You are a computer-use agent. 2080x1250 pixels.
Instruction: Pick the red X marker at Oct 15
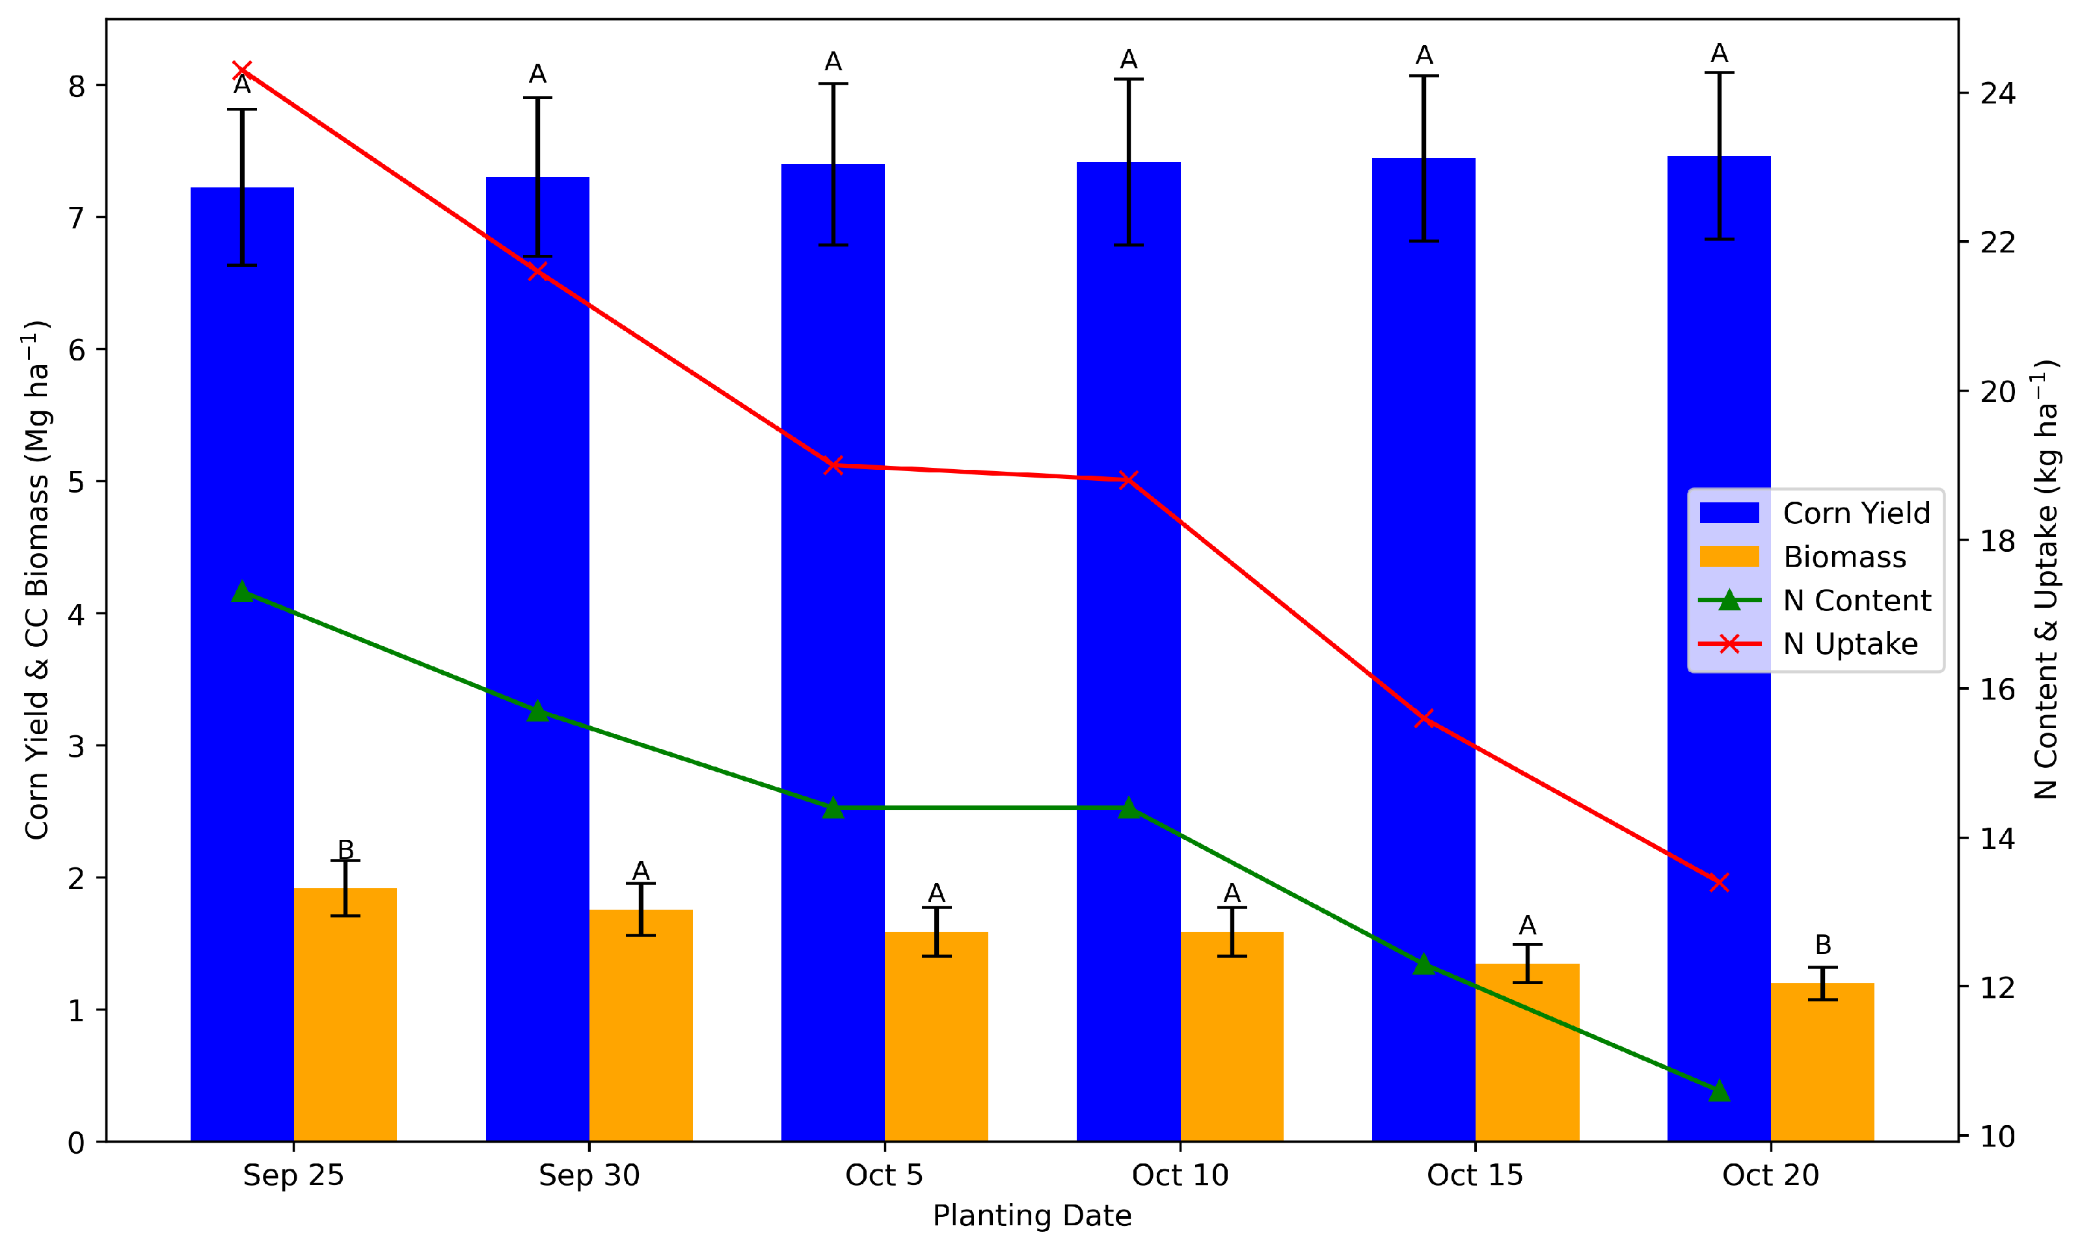click(1424, 718)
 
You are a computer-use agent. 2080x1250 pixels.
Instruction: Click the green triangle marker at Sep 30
click(537, 712)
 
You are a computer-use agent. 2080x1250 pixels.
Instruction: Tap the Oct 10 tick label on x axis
click(1180, 1175)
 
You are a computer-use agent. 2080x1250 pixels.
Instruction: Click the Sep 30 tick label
click(589, 1175)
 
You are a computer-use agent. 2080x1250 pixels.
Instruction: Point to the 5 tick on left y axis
click(77, 482)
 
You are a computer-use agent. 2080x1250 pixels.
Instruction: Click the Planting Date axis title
click(1032, 1216)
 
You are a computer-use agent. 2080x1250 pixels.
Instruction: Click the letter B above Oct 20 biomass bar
click(1822, 944)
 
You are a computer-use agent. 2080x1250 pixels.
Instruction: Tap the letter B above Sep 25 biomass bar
click(345, 849)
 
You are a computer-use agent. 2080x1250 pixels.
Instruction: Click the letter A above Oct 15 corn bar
click(1424, 55)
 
